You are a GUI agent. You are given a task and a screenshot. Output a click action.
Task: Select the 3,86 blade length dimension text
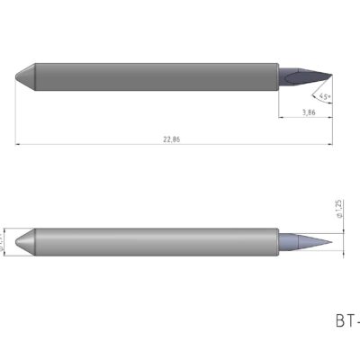(307, 112)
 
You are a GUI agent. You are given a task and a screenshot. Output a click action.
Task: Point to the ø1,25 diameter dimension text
(336, 210)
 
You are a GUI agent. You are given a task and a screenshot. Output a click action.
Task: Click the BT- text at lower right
(346, 319)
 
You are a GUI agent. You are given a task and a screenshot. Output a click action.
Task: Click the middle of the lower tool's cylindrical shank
(153, 241)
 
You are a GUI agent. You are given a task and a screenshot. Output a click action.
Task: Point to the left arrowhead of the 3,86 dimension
(280, 117)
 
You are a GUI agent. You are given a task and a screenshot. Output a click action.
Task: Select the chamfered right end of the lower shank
(274, 241)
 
